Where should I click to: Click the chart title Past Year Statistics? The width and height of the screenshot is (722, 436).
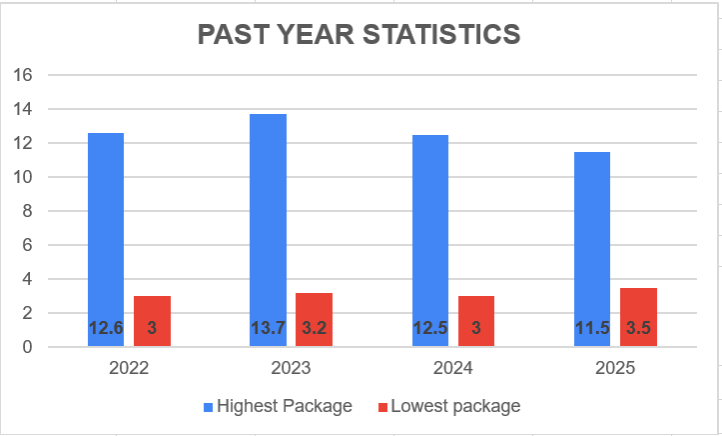359,35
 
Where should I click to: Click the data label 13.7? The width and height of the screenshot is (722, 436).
268,328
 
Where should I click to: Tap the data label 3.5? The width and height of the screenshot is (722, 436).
638,328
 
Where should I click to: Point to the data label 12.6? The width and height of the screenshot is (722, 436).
106,328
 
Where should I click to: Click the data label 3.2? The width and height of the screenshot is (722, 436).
314,328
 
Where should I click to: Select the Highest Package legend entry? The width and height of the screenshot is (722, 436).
278,406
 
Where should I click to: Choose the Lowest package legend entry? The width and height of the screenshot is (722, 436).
448,406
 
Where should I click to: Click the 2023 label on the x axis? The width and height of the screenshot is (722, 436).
291,368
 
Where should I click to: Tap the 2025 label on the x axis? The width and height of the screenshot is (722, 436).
615,368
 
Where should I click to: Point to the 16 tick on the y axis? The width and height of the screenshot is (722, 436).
24,75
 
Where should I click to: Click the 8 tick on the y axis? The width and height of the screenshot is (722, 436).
28,211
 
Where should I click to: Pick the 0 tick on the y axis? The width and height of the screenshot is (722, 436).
28,347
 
